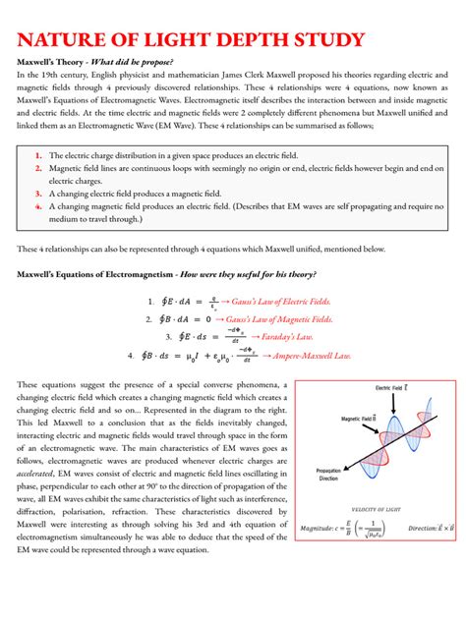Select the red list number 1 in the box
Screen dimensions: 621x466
tap(37, 155)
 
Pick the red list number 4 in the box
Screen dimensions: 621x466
tap(37, 207)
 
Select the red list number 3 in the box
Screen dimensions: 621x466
tap(37, 195)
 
